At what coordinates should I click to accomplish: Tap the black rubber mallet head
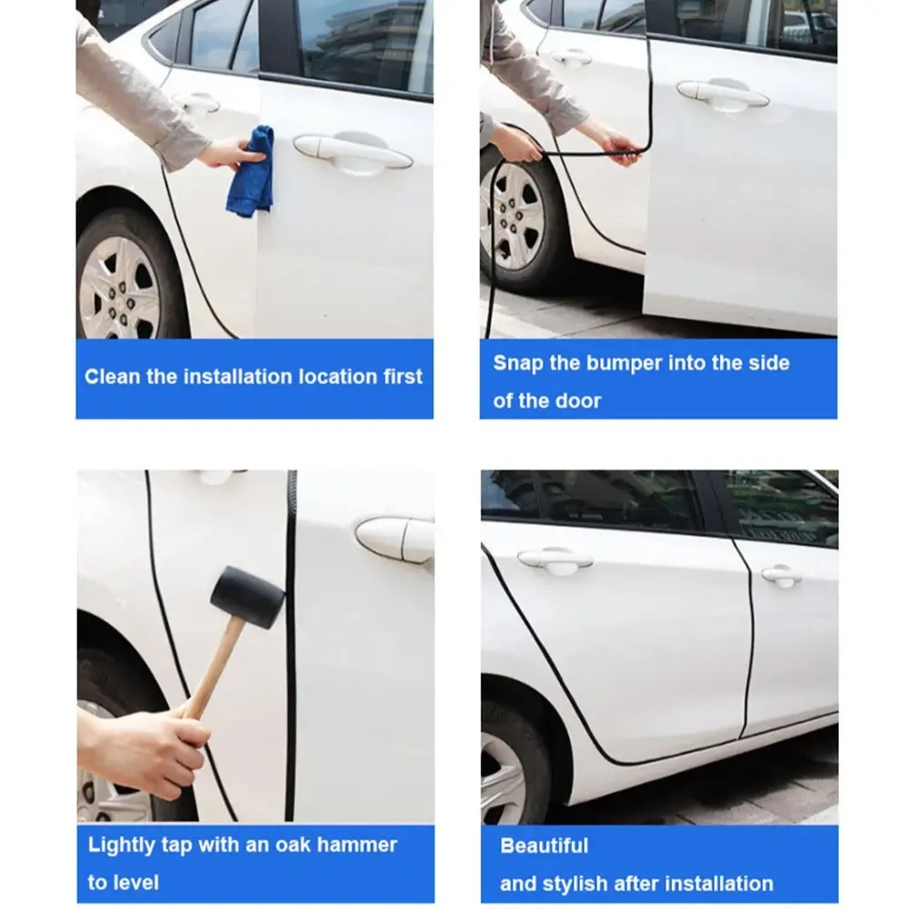247,597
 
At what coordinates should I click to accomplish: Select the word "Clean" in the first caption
112,377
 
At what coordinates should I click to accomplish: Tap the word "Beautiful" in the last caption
544,845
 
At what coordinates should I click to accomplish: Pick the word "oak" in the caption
293,844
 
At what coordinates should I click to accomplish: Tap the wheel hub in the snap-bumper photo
511,215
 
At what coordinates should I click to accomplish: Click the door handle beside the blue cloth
353,152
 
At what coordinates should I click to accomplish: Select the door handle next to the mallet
395,540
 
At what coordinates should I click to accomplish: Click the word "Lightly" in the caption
122,845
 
